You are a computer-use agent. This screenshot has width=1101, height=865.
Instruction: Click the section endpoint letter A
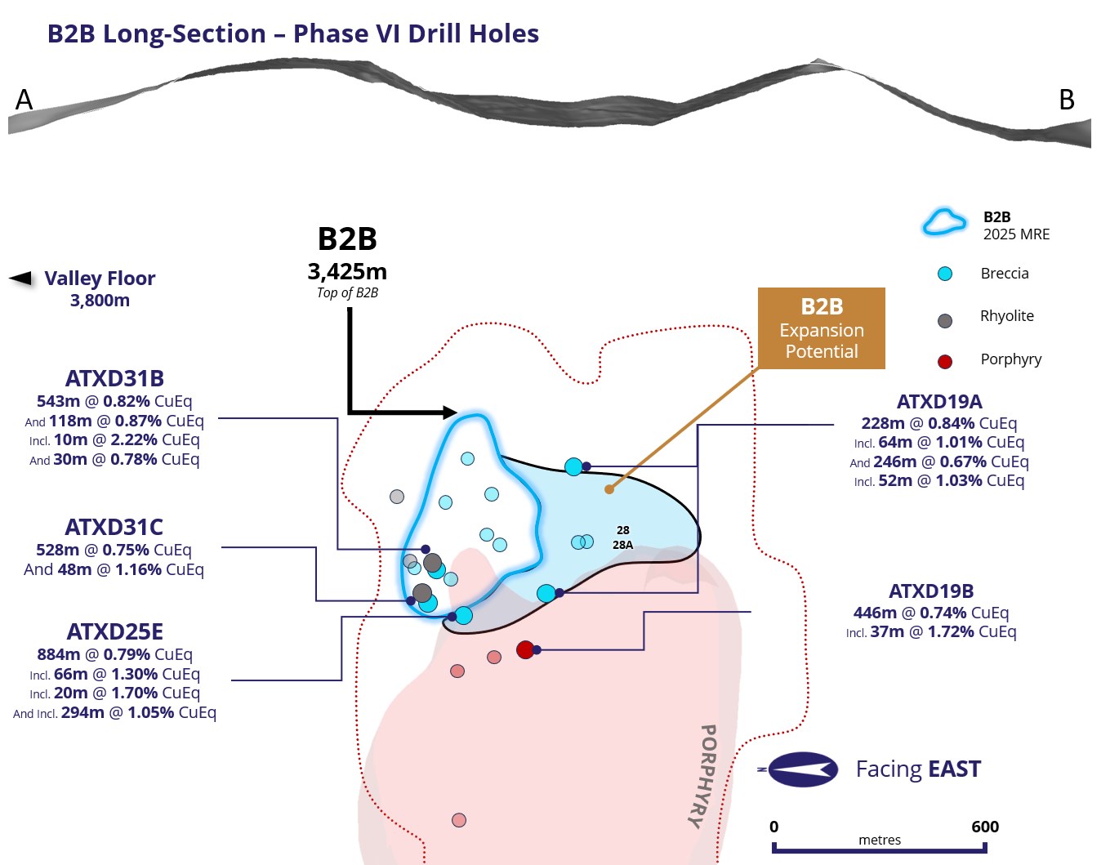tap(24, 100)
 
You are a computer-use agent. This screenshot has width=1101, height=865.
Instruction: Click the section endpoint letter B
tap(1067, 100)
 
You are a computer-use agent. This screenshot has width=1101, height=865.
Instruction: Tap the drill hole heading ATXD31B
tap(114, 378)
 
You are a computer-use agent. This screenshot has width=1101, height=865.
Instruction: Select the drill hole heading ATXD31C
tap(114, 527)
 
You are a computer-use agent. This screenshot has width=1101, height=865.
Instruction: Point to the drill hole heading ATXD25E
tap(115, 632)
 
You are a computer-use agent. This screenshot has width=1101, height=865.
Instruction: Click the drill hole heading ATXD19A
tap(939, 401)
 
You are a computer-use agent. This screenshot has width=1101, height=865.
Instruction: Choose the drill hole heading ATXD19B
tap(931, 591)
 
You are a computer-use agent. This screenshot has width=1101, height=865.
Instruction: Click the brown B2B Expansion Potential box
tap(822, 328)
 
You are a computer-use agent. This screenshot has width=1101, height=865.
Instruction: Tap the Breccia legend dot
tap(944, 274)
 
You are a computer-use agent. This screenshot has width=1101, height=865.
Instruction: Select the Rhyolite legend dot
tap(944, 321)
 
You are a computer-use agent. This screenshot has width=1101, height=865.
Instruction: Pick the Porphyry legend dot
tap(944, 361)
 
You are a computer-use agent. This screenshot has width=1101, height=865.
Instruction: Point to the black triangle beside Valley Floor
tap(20, 279)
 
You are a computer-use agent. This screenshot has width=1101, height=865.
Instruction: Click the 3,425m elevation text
tap(347, 272)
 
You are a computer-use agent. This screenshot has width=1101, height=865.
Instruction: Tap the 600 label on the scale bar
tap(984, 827)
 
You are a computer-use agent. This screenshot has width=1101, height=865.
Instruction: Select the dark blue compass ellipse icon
tap(803, 769)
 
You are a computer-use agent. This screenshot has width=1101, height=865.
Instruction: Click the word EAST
tap(954, 769)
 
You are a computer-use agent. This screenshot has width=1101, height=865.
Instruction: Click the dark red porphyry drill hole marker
tap(525, 649)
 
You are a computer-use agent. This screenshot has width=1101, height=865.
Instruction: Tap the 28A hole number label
tap(622, 545)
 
